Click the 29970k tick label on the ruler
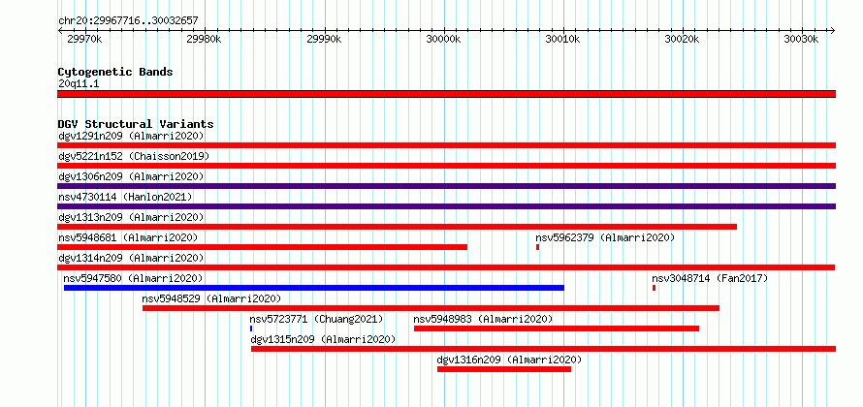[84, 40]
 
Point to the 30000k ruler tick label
[443, 40]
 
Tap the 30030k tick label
[801, 40]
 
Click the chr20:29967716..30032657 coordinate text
[128, 21]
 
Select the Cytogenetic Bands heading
[115, 72]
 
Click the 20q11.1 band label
[79, 84]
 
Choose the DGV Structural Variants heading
[136, 124]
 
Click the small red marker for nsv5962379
[538, 247]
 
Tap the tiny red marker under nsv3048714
[654, 288]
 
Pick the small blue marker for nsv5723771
[251, 329]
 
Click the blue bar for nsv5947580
[314, 288]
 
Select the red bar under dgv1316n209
[504, 369]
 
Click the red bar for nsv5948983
[557, 329]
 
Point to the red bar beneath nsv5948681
[263, 247]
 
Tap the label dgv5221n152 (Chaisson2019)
[134, 156]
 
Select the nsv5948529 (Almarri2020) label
[211, 298]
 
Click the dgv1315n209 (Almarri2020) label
[323, 339]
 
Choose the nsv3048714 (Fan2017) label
[710, 278]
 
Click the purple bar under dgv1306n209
[446, 186]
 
